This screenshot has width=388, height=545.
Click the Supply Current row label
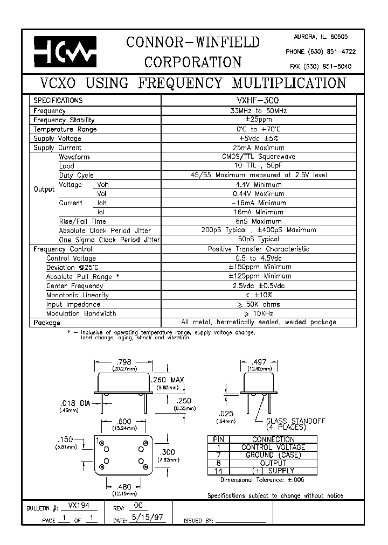coord(57,148)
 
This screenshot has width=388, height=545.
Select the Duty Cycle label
coord(76,175)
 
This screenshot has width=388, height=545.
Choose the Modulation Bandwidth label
coord(81,313)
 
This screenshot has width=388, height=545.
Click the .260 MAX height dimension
coord(170,380)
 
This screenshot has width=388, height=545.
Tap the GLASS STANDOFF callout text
coord(296,421)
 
